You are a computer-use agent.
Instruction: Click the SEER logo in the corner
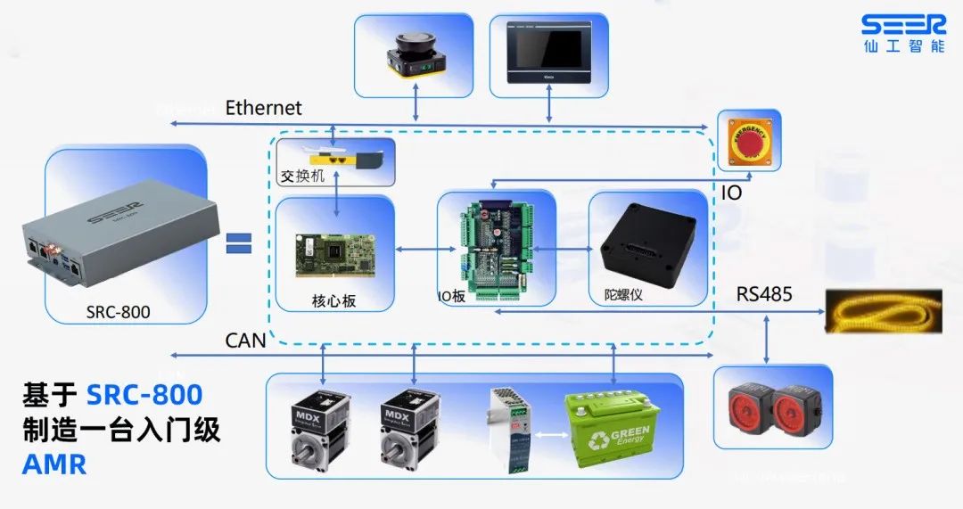903,33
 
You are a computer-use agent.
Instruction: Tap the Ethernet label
263,108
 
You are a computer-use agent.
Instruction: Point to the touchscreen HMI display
548,53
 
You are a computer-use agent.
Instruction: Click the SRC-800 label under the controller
118,312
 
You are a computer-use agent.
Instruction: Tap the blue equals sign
238,243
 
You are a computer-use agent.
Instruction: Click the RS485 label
763,294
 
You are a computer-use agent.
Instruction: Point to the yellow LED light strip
884,311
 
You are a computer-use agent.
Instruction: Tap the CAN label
245,341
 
